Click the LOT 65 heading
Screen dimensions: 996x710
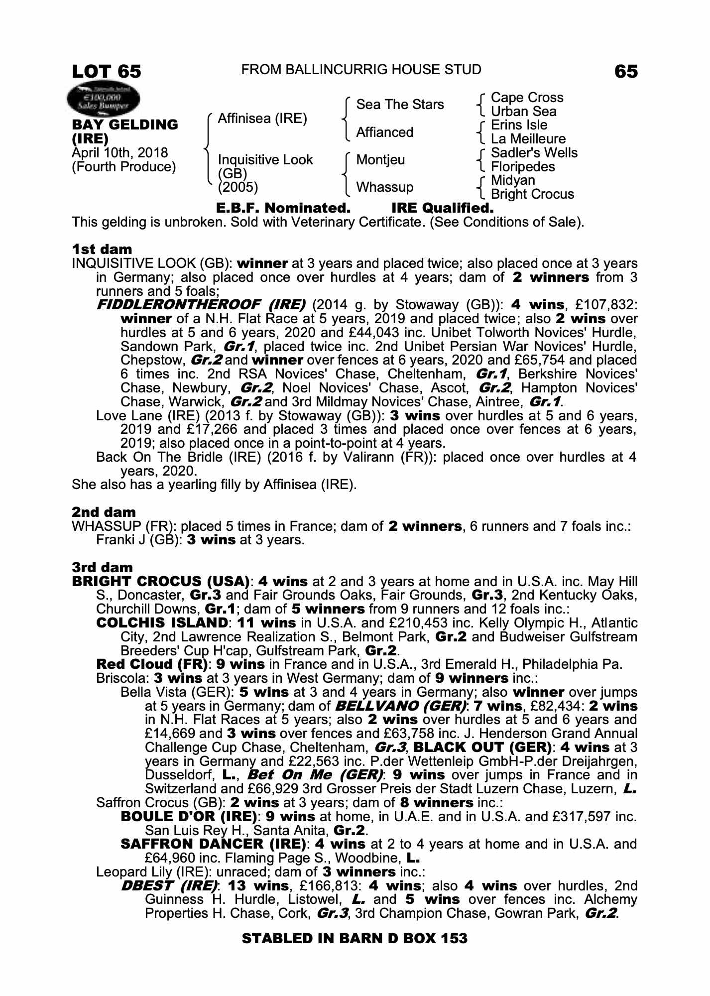[x=107, y=71]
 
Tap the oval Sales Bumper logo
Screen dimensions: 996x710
[x=104, y=98]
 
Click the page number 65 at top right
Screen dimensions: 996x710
[x=626, y=71]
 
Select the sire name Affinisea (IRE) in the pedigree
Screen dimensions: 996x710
[x=262, y=119]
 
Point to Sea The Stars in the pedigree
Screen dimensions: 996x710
[x=400, y=105]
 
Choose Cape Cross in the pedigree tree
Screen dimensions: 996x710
[x=527, y=98]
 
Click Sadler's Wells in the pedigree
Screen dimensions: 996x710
[x=534, y=153]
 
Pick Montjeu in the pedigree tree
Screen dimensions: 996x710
[x=380, y=160]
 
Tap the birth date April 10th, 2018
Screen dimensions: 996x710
[x=120, y=153]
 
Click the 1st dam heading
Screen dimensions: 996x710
[x=102, y=249]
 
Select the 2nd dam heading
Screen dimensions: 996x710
[x=104, y=512]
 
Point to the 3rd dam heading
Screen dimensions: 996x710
[x=102, y=567]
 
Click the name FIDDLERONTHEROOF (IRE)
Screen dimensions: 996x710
[x=201, y=304]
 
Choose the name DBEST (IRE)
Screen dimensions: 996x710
[x=170, y=886]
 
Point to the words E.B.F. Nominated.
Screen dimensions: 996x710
[x=283, y=208]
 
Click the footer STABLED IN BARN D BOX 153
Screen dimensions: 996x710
[x=355, y=939]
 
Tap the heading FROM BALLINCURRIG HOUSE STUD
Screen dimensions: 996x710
[x=361, y=70]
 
